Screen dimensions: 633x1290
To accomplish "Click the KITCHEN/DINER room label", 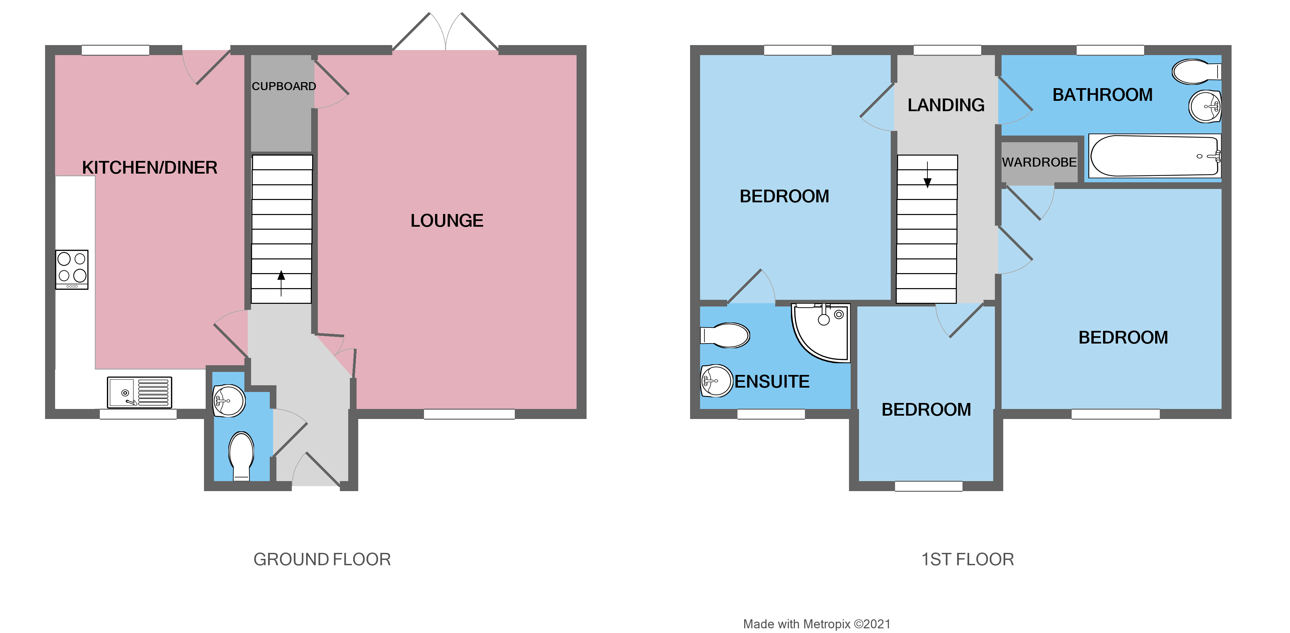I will coord(150,167).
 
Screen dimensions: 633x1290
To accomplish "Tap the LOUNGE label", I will coord(447,220).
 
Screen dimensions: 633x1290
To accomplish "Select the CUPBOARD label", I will coord(283,86).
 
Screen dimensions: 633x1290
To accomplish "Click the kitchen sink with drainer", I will coord(140,392).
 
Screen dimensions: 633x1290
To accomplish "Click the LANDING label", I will coord(946,105).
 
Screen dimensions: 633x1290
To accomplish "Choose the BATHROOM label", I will coord(1102,95).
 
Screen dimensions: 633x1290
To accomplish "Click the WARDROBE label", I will coord(1039,162).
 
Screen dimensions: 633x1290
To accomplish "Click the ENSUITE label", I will coord(772,382).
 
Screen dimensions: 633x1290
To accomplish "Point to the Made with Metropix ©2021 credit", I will coord(817,624).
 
